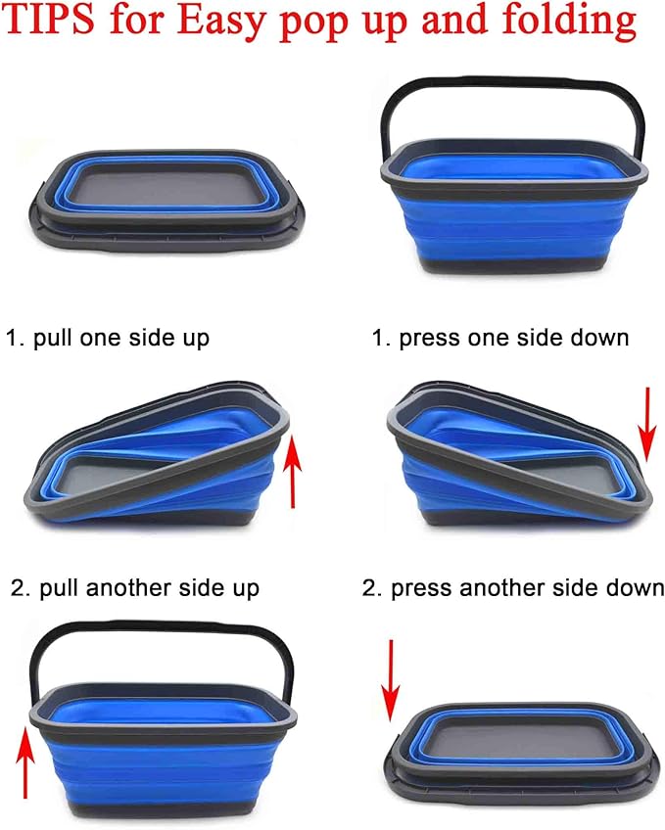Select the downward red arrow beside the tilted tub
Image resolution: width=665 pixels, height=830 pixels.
tap(644, 423)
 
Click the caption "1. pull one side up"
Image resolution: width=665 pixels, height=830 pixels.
tap(108, 339)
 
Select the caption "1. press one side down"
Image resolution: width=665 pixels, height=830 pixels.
tap(499, 339)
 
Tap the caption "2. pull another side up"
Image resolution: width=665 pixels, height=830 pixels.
tap(135, 588)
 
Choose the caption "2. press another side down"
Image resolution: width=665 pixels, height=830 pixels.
tap(513, 588)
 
